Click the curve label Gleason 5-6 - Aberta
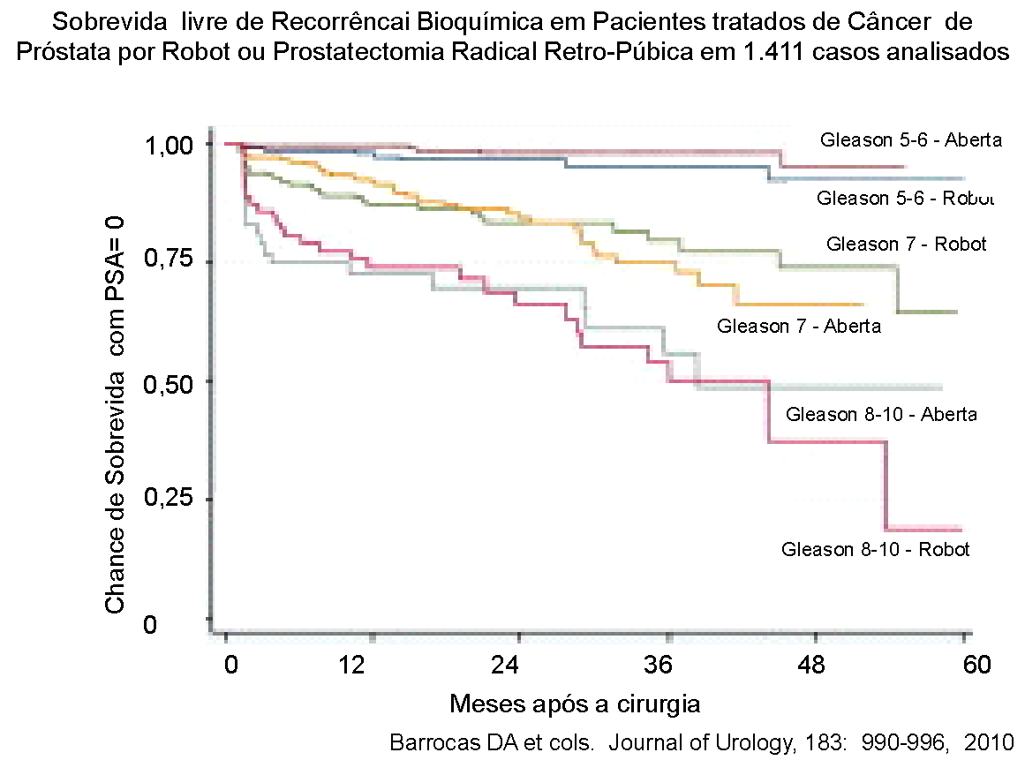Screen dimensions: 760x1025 point(910,139)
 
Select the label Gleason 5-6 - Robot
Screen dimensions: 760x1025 point(905,198)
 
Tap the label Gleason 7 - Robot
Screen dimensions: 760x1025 point(906,244)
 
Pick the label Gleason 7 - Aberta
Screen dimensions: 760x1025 point(799,326)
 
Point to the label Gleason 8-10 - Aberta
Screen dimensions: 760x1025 point(880,414)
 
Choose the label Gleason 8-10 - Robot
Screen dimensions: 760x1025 point(875,549)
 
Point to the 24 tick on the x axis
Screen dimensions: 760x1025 point(518,664)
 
